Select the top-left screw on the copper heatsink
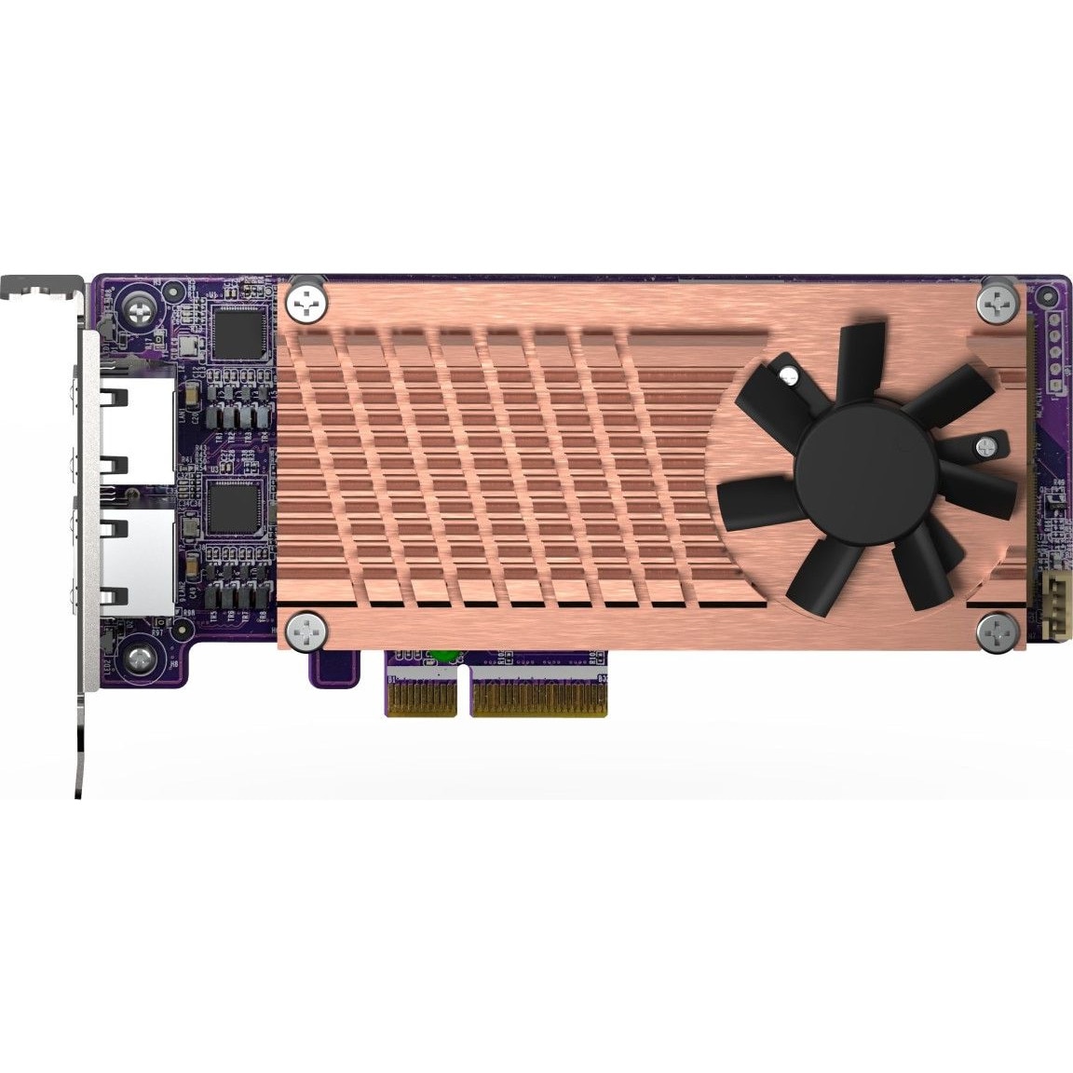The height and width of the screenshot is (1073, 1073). point(306,300)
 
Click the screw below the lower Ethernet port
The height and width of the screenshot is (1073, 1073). point(141,659)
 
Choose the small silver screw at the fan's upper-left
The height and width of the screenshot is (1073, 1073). point(790,377)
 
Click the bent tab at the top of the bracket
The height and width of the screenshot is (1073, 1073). point(42,283)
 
